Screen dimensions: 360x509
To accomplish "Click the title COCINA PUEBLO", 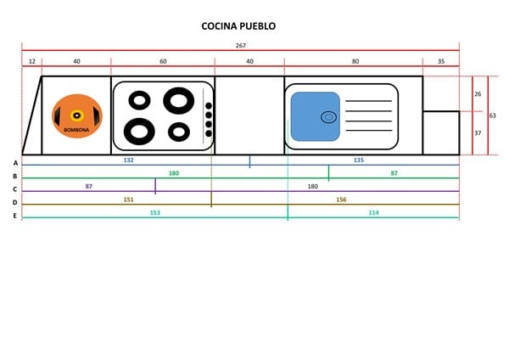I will pyautogui.click(x=238, y=26).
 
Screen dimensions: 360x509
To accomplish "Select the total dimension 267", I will pyautogui.click(x=241, y=45).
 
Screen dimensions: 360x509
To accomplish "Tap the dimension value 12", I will pyautogui.click(x=31, y=61).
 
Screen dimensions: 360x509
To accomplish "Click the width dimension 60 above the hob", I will pyautogui.click(x=163, y=61).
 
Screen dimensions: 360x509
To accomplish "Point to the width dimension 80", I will pyautogui.click(x=354, y=61).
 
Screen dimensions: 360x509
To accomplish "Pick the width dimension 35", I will pyautogui.click(x=441, y=61).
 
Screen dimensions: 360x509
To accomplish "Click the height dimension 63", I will pyautogui.click(x=493, y=115).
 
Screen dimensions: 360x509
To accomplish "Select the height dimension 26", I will pyautogui.click(x=478, y=93).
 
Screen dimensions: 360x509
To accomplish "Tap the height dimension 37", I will pyautogui.click(x=478, y=132).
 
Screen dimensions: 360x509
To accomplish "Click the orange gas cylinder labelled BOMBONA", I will pyautogui.click(x=76, y=115).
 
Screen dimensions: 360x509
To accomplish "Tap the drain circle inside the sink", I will pyautogui.click(x=327, y=117).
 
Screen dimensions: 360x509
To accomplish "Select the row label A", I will pyautogui.click(x=15, y=161).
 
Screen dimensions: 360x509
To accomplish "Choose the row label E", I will pyautogui.click(x=15, y=216).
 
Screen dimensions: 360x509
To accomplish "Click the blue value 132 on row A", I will pyautogui.click(x=129, y=160).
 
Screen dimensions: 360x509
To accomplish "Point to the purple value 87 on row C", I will pyautogui.click(x=90, y=186).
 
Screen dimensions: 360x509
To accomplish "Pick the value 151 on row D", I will pyautogui.click(x=129, y=200).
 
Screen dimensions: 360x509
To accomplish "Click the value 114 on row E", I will pyautogui.click(x=374, y=212).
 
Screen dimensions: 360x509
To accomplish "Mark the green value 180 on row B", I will pyautogui.click(x=174, y=173).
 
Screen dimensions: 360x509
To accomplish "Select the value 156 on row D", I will pyautogui.click(x=341, y=200).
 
